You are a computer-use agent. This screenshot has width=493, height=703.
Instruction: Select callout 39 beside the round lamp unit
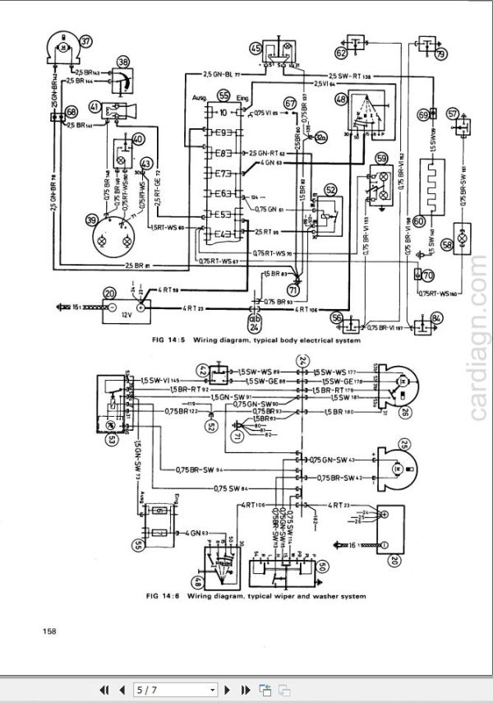point(91,220)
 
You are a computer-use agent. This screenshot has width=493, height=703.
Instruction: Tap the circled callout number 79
point(440,54)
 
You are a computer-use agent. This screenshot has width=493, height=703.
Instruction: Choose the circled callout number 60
point(419,220)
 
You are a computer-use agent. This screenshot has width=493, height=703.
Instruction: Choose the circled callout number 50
point(322,567)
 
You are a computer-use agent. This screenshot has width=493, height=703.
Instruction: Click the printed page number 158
point(48,631)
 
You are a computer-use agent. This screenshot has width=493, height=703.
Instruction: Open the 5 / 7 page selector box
point(177,689)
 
